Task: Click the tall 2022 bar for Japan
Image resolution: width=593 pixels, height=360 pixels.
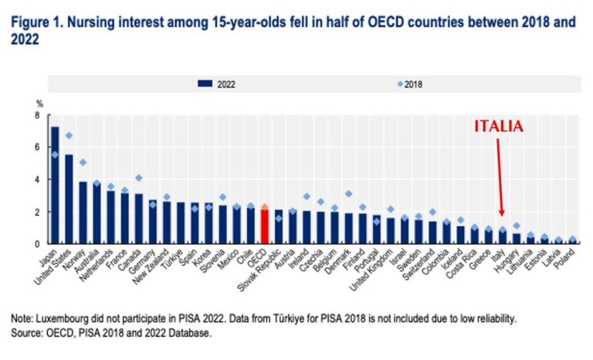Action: pos(55,185)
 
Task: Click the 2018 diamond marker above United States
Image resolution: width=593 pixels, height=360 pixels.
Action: pos(69,135)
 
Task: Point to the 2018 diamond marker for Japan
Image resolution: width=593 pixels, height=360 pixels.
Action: pos(55,155)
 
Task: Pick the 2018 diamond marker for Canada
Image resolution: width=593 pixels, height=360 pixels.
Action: pos(139,178)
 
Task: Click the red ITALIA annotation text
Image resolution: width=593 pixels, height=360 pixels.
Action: pos(499,127)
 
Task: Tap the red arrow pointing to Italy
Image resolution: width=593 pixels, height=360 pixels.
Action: pos(501,178)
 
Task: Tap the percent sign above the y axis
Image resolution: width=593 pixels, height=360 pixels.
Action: pos(38,103)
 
